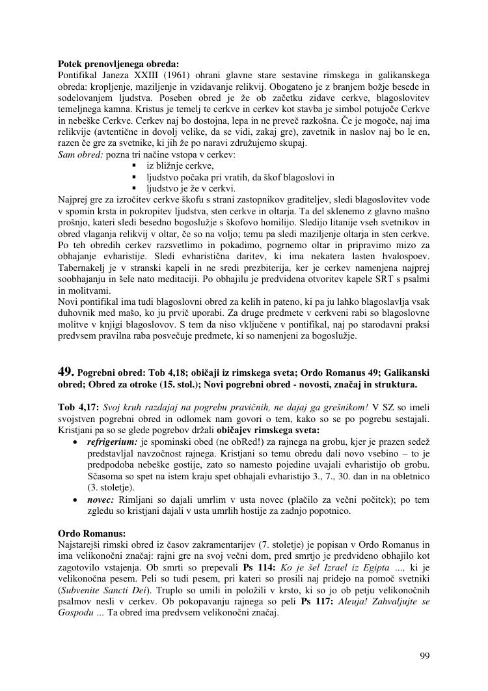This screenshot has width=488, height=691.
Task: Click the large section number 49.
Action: (x=66, y=372)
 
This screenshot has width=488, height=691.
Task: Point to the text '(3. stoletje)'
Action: (x=113, y=487)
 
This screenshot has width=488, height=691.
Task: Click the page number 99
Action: (x=424, y=655)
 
